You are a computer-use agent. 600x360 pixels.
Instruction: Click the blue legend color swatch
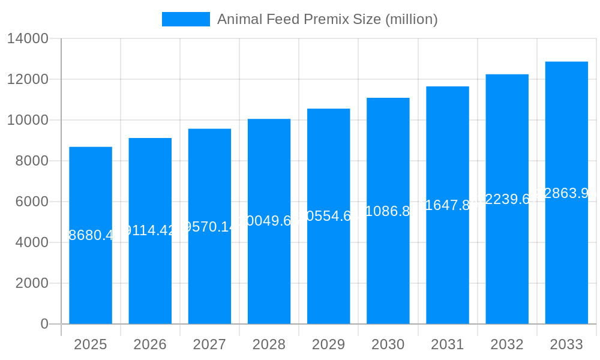(185, 19)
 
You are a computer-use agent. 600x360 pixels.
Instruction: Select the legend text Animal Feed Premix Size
(327, 19)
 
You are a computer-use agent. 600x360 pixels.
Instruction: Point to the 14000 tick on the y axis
(28, 38)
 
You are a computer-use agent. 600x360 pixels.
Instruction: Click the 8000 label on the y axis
(32, 161)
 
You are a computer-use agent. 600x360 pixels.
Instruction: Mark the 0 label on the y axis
(44, 324)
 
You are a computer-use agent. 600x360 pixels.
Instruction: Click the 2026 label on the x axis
(150, 344)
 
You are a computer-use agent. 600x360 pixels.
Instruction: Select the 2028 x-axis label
(269, 344)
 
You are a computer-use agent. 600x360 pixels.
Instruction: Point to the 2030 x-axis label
(388, 344)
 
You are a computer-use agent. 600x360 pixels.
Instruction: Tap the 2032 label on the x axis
(507, 344)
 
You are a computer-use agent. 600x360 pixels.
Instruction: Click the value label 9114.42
(150, 230)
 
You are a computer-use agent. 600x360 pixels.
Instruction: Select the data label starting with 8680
(91, 235)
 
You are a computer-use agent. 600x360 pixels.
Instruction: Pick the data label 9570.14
(209, 227)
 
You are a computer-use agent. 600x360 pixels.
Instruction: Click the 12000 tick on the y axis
(28, 79)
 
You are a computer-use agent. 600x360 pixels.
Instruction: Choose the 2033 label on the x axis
(566, 344)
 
